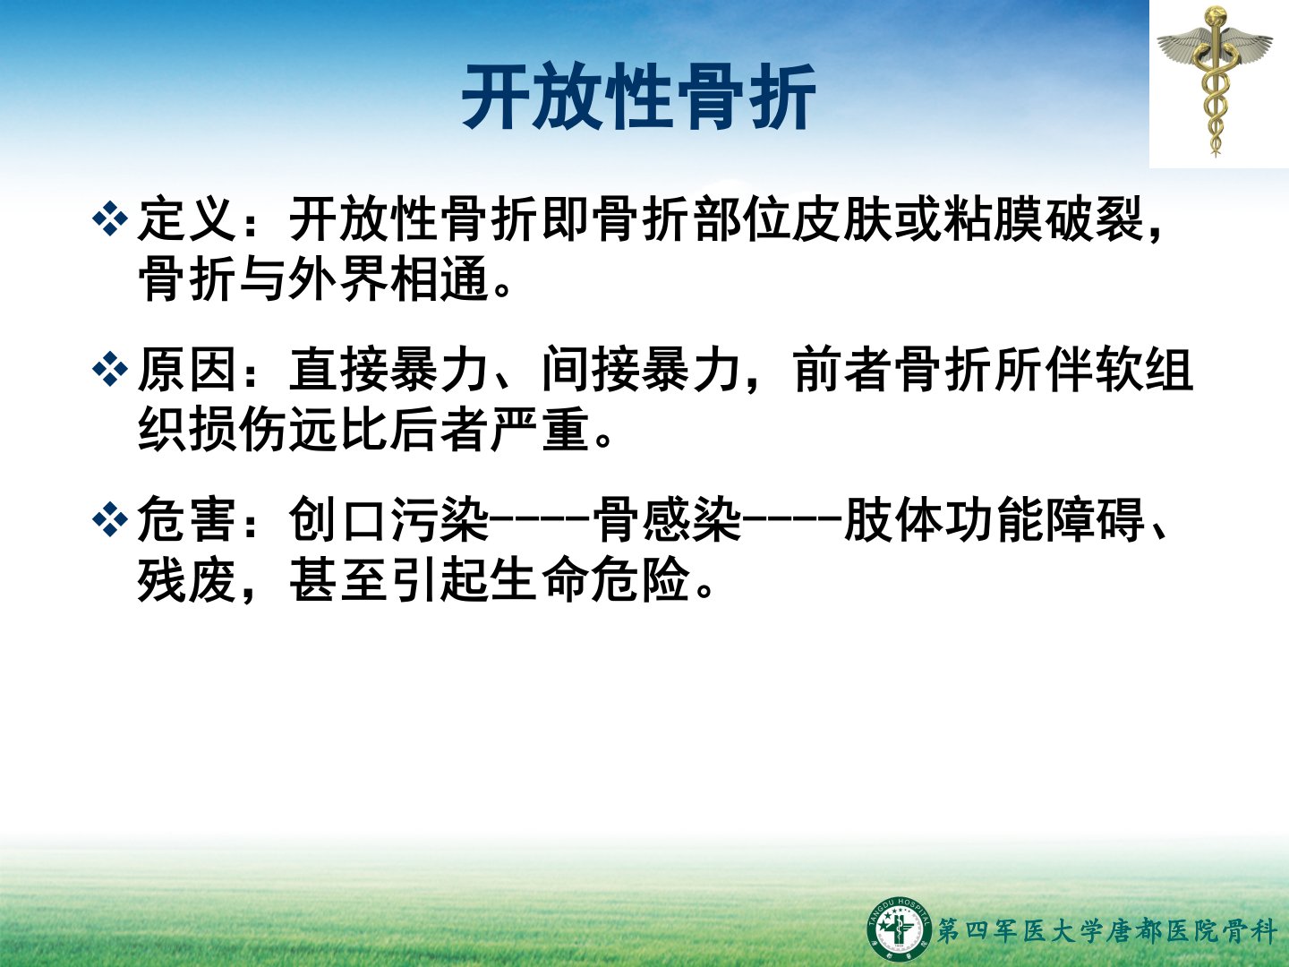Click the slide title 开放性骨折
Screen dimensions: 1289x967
(x=639, y=97)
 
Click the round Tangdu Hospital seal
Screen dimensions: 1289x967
(x=899, y=928)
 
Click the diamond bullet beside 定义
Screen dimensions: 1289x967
(x=110, y=218)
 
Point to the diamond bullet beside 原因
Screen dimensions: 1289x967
(x=110, y=369)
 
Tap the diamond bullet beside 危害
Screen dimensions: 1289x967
(x=110, y=519)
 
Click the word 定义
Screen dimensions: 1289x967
(x=187, y=219)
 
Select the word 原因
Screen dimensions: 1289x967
(x=187, y=370)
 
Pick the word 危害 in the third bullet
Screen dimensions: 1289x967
(x=187, y=520)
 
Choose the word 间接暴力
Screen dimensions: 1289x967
(x=641, y=370)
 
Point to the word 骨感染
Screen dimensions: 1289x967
(x=667, y=520)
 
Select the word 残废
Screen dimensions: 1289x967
(x=187, y=579)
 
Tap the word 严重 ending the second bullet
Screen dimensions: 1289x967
(x=541, y=429)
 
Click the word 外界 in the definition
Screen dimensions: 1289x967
(x=337, y=278)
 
